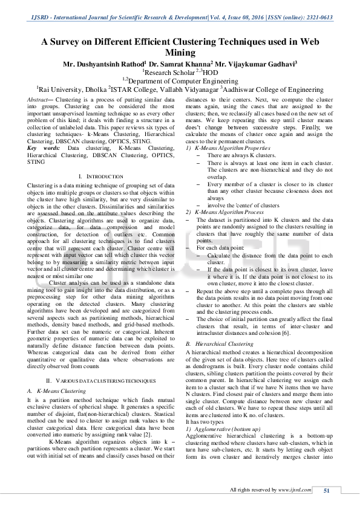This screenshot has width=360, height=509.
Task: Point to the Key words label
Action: [x=44, y=148]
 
